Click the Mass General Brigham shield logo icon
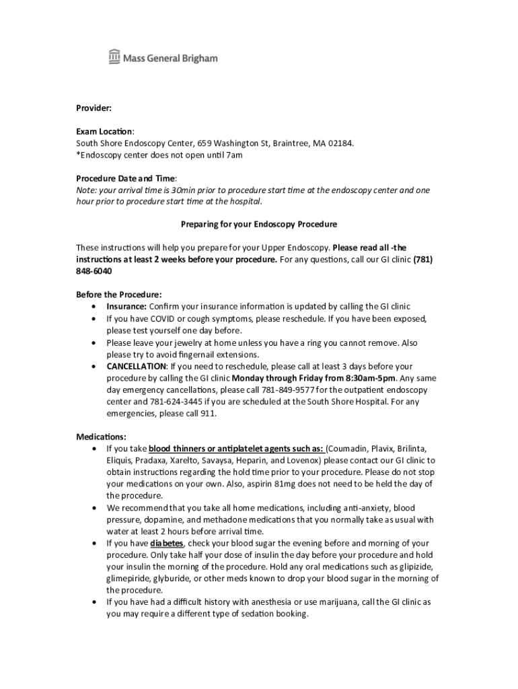point(114,58)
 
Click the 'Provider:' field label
point(94,108)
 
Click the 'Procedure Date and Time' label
point(125,178)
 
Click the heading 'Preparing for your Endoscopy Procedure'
point(259,223)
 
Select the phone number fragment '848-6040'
point(94,271)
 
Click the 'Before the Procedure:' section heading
point(119,295)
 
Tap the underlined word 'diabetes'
point(166,543)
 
